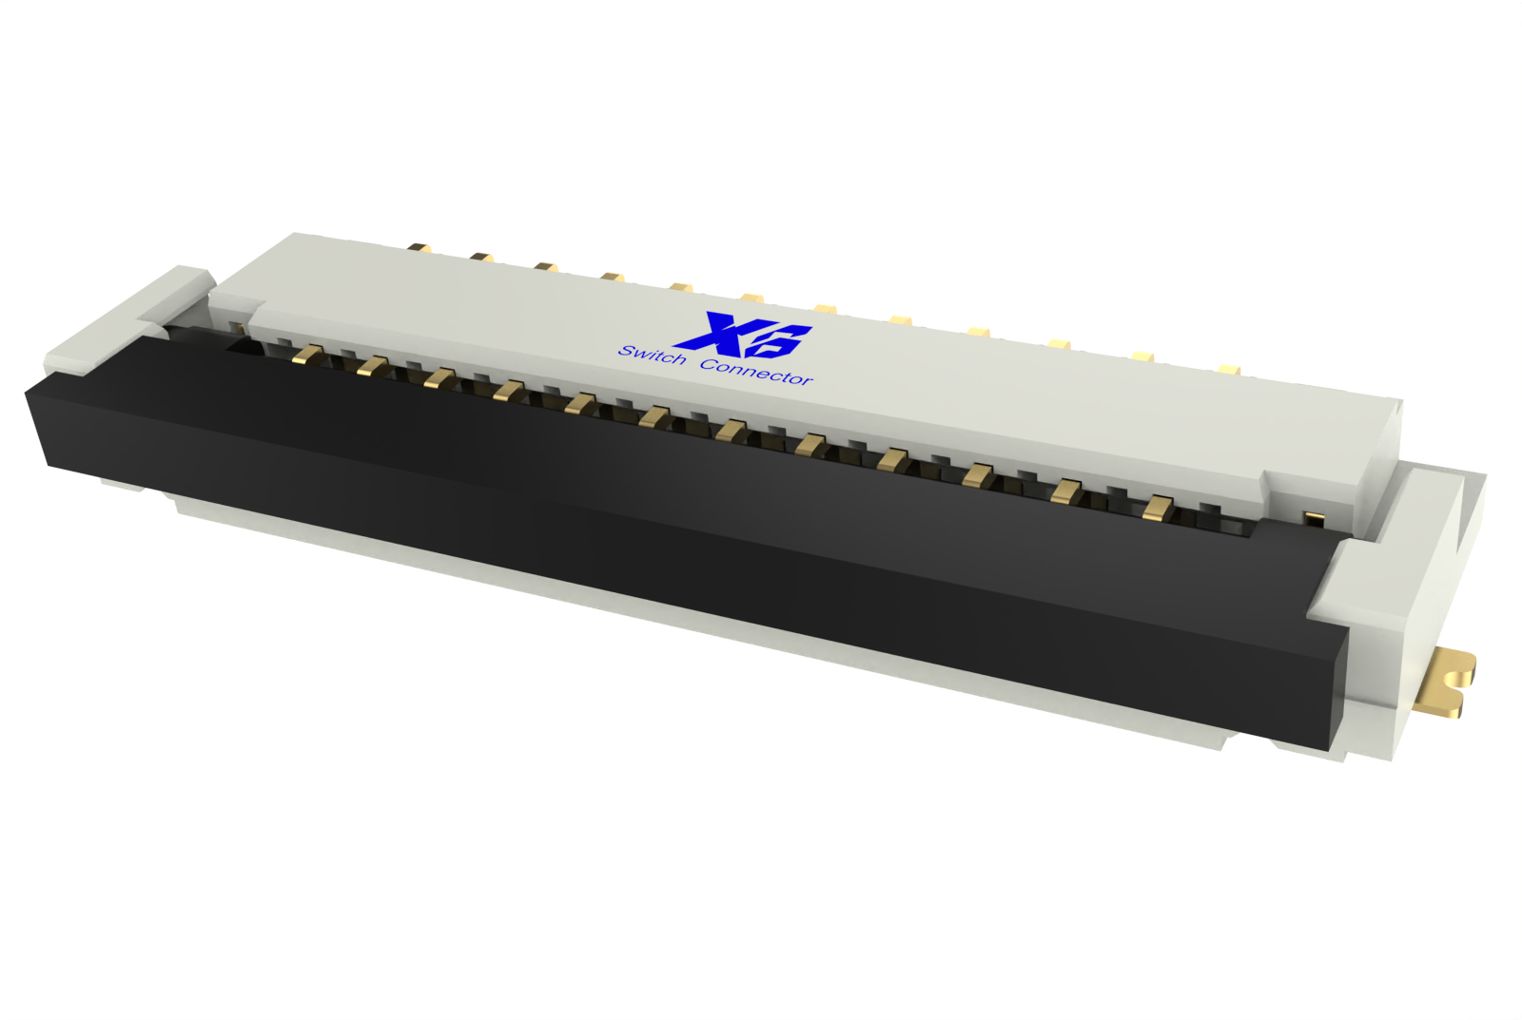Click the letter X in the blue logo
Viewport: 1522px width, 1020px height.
(x=711, y=332)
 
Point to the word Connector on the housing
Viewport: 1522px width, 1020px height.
(x=757, y=372)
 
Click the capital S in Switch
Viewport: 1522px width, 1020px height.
(x=627, y=350)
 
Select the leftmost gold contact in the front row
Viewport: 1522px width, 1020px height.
(x=307, y=355)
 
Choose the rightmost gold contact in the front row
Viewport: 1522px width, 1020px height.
(x=1157, y=508)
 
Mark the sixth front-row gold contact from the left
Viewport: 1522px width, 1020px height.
(x=654, y=416)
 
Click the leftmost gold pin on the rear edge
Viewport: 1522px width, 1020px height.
(x=419, y=248)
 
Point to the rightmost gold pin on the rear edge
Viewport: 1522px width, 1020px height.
(x=1228, y=368)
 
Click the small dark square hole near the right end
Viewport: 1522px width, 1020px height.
(x=1313, y=518)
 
